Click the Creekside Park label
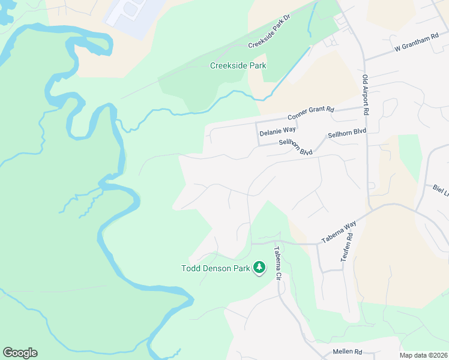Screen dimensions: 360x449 [x=238, y=65]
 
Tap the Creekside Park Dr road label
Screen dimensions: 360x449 [x=269, y=37]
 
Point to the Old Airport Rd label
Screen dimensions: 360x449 [x=365, y=95]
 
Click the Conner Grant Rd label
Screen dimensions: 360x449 [x=310, y=112]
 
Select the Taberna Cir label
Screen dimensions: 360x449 [x=278, y=264]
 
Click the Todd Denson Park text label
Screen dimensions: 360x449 [x=215, y=268]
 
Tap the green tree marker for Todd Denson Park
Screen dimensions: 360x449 [x=259, y=267]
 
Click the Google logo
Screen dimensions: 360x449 [x=20, y=353]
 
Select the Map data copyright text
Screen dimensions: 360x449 [x=423, y=355]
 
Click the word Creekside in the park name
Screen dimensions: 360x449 [x=228, y=65]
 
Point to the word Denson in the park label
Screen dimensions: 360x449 [x=217, y=268]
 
